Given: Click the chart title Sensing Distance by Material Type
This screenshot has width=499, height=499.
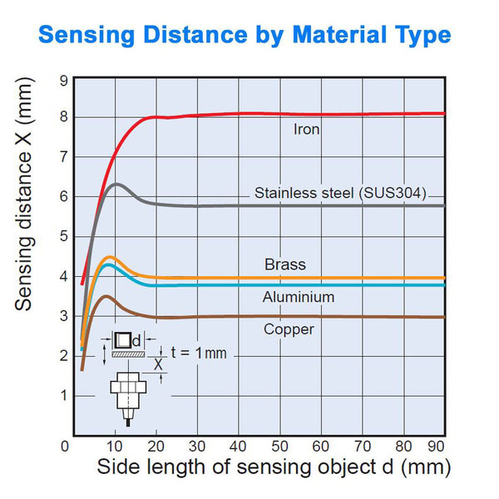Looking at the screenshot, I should tap(245, 35).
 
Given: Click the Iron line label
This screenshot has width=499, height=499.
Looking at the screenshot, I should tap(306, 130).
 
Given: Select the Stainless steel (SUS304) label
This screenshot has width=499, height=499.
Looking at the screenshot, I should tap(340, 194).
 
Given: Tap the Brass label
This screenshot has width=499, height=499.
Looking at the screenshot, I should tap(285, 264).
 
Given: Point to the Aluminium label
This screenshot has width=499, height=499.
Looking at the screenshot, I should tap(299, 297).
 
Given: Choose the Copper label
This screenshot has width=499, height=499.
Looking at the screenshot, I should tap(289, 329).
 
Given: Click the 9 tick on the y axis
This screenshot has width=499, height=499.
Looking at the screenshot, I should tap(63, 80).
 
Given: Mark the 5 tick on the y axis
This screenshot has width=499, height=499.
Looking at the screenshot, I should tap(63, 236).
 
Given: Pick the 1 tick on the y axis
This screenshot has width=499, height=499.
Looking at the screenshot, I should tap(63, 394).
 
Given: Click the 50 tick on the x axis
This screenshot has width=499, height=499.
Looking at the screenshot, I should tap(281, 446).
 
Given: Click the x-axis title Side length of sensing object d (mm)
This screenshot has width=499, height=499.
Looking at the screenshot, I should tap(274, 467).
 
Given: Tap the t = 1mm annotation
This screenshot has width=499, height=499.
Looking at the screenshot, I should tap(197, 353).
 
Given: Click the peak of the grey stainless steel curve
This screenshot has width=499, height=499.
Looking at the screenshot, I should tap(116, 184).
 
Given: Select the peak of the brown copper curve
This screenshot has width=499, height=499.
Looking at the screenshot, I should tap(105, 296).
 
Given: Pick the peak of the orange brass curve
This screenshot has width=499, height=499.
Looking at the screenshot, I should tap(109, 258).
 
